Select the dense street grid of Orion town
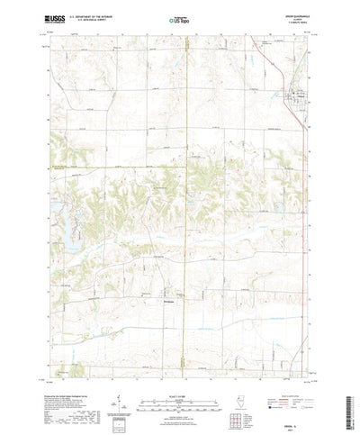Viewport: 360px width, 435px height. (292, 95)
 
